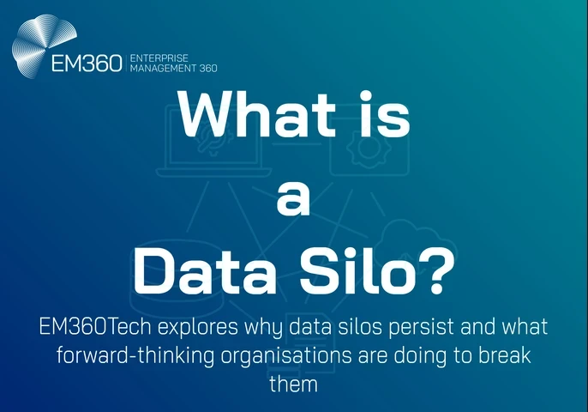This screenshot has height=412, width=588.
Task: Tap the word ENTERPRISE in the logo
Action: [159, 58]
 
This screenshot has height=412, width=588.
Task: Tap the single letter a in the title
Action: [294, 196]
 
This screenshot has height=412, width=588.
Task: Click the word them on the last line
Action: [294, 384]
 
